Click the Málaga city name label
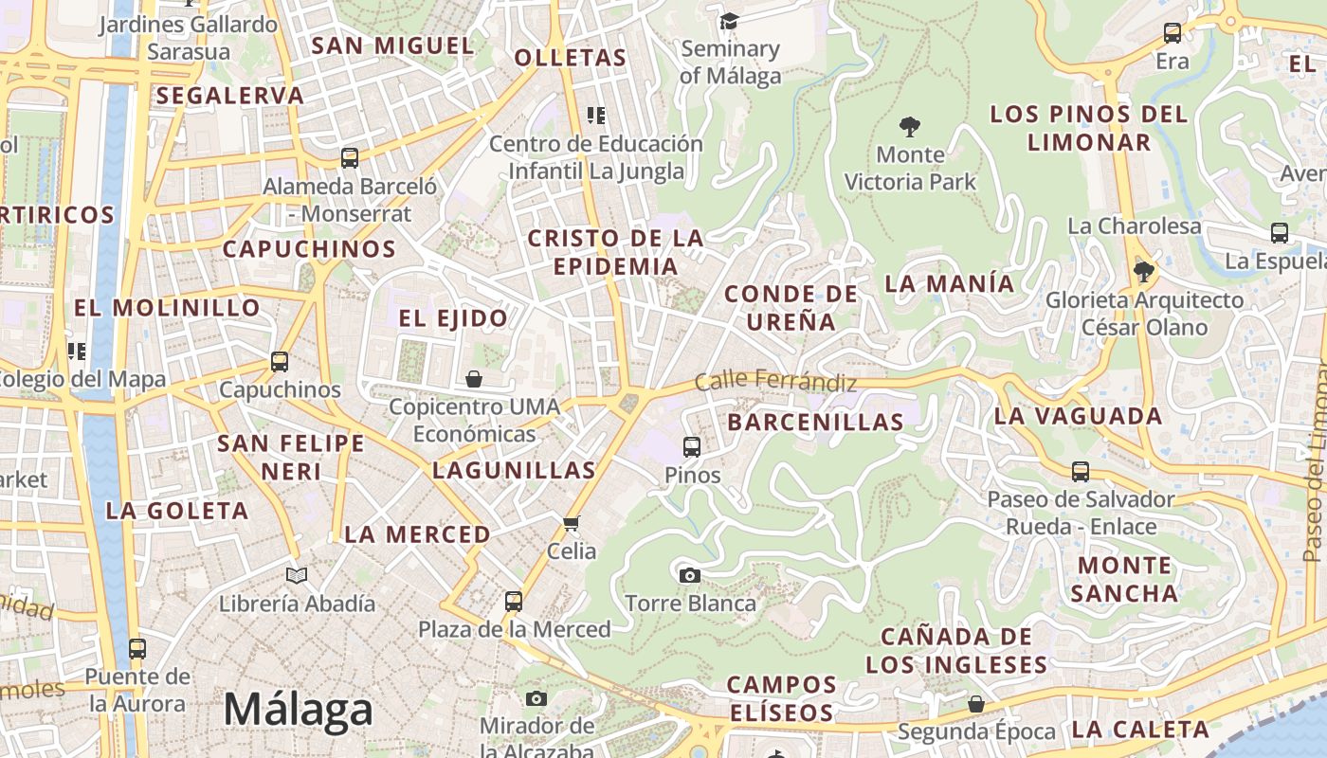[x=299, y=709]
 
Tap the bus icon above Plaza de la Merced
[x=514, y=601]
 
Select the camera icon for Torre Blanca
[x=690, y=574]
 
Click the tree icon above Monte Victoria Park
[x=910, y=126]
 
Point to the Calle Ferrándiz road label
[x=775, y=382]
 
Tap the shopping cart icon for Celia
[x=572, y=523]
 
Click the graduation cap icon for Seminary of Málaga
[x=729, y=21]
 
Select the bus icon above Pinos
[x=692, y=446]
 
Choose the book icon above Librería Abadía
[x=297, y=575]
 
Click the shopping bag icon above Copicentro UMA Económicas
[x=474, y=379]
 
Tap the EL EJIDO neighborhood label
[x=453, y=318]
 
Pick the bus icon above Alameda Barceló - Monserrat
[x=350, y=158]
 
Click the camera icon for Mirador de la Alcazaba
[x=536, y=699]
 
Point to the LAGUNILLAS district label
[x=514, y=470]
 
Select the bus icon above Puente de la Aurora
[x=137, y=649]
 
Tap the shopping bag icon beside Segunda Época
[x=976, y=704]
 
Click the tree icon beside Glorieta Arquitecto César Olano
[x=1144, y=272]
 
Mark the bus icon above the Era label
[x=1172, y=33]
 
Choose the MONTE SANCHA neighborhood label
[x=1124, y=579]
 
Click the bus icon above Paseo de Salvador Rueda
[x=1081, y=471]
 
